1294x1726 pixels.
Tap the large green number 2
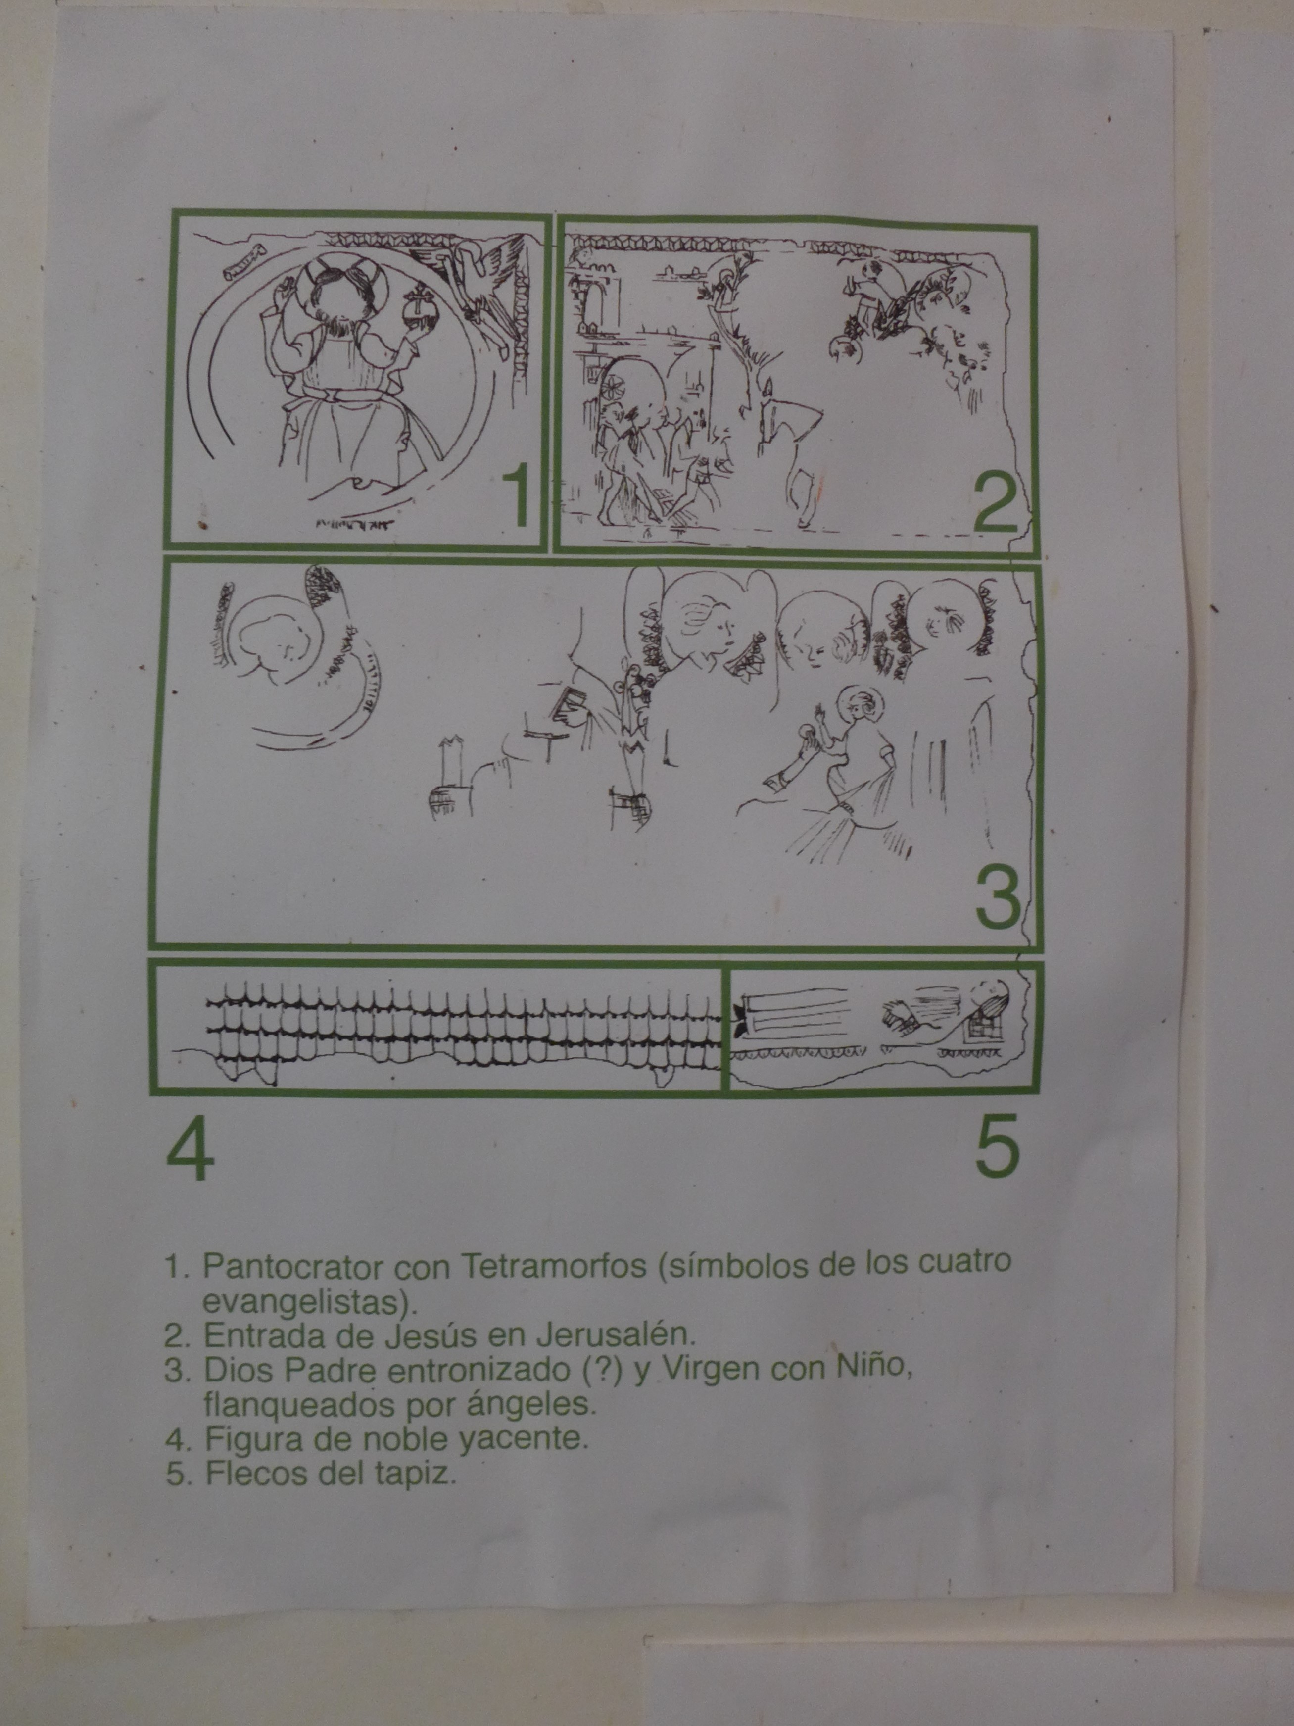(x=995, y=502)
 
